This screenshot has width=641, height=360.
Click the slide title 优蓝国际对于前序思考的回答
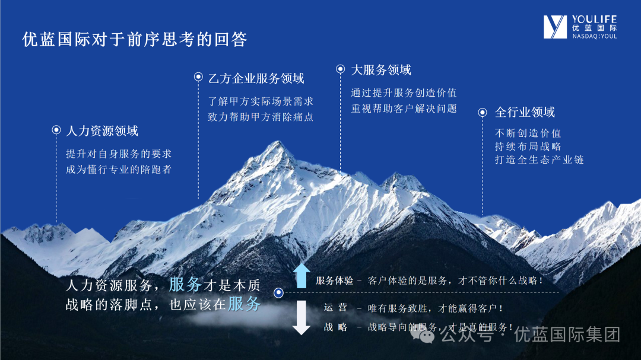coord(135,39)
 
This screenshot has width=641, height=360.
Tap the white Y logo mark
coord(555,27)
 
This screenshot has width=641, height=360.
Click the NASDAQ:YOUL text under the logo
coord(594,36)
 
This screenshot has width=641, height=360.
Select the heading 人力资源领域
coord(102,130)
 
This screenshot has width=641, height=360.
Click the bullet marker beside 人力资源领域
coord(56,130)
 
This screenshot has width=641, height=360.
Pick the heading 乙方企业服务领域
coord(256,78)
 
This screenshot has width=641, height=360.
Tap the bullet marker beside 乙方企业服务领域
coord(198,77)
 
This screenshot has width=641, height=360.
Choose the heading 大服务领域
coord(381,70)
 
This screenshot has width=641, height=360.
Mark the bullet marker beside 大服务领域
coord(340,69)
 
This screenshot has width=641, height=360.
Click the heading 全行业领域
coord(525,112)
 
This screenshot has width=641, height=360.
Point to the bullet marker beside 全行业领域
coord(483,112)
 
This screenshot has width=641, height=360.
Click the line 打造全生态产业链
coord(539,160)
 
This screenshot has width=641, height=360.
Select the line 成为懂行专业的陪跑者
coord(119,169)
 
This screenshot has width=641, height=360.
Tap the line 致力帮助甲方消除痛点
coord(261,117)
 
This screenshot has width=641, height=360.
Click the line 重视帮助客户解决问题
coord(404,109)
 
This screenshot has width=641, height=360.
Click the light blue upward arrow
coord(302,276)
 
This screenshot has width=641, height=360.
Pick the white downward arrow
coord(302,317)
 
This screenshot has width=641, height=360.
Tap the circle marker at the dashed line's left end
coord(278,292)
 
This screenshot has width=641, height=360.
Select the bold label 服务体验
coord(334,281)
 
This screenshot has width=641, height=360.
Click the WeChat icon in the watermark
coord(423,334)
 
